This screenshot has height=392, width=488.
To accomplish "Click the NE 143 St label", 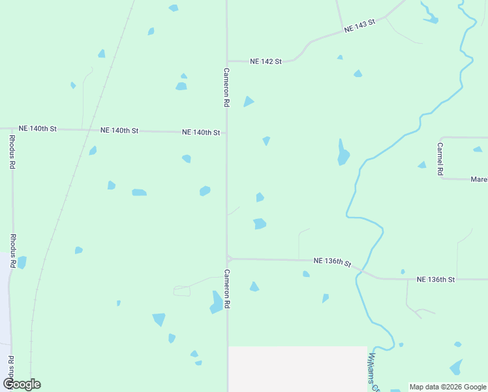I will pyautogui.click(x=360, y=25).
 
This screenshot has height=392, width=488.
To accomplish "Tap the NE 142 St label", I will pyautogui.click(x=266, y=61).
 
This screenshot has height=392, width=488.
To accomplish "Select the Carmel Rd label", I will pyautogui.click(x=440, y=159).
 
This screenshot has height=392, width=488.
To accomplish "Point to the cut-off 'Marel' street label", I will pyautogui.click(x=479, y=178).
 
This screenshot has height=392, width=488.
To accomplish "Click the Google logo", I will pyautogui.click(x=22, y=384).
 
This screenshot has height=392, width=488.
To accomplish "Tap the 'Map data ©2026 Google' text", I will pyautogui.click(x=448, y=387).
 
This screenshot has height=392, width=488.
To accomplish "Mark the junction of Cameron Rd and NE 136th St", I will pyautogui.click(x=228, y=258).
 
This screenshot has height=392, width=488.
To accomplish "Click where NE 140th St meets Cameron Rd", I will pyautogui.click(x=227, y=132).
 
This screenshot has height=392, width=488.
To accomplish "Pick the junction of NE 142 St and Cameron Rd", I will pyautogui.click(x=227, y=61).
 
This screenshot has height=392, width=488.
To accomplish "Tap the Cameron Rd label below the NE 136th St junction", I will pyautogui.click(x=227, y=289).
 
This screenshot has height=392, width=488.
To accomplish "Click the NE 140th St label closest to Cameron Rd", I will pyautogui.click(x=200, y=132).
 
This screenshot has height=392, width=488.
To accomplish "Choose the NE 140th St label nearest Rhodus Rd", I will pyautogui.click(x=38, y=129).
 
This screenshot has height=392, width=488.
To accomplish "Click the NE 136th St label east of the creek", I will pyautogui.click(x=435, y=279).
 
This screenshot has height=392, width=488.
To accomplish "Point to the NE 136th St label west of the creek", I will pyautogui.click(x=332, y=261).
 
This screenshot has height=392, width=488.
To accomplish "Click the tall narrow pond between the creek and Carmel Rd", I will pyautogui.click(x=342, y=153).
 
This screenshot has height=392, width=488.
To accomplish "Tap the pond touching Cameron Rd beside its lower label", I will pyautogui.click(x=217, y=302).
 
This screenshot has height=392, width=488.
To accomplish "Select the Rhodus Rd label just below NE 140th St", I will pyautogui.click(x=12, y=152).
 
